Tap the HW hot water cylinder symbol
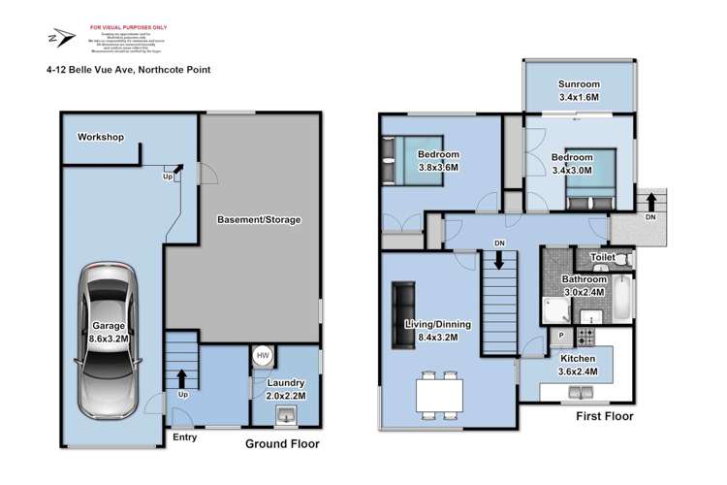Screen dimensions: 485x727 click(x=262, y=356)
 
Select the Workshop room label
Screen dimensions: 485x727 click(x=102, y=138)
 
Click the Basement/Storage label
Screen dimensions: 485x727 click(x=258, y=220)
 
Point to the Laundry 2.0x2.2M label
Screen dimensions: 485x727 click(x=286, y=389)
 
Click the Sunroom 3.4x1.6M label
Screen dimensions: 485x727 click(x=580, y=90)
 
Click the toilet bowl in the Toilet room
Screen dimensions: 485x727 click(x=623, y=259)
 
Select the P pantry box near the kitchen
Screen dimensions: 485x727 click(x=561, y=336)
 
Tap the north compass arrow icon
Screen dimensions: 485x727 click(x=61, y=38)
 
